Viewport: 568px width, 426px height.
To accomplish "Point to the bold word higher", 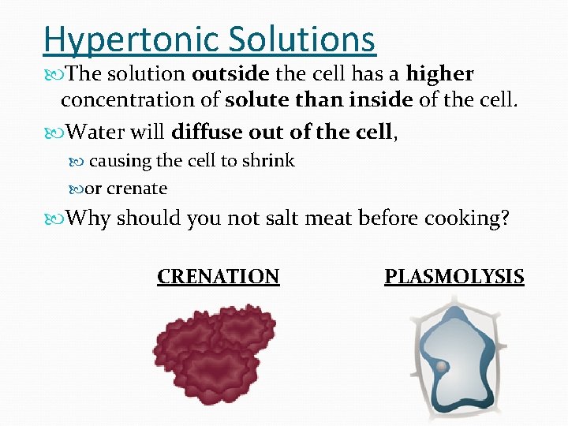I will point(440,75).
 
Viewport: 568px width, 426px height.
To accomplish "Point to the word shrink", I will point(268,161).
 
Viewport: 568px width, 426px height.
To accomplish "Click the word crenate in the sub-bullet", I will point(136,189).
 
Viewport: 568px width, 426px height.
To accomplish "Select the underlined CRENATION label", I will point(219,277).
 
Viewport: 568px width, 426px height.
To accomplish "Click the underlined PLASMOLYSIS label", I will point(454,277).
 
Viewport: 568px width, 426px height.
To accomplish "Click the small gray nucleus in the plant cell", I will point(442,368).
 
